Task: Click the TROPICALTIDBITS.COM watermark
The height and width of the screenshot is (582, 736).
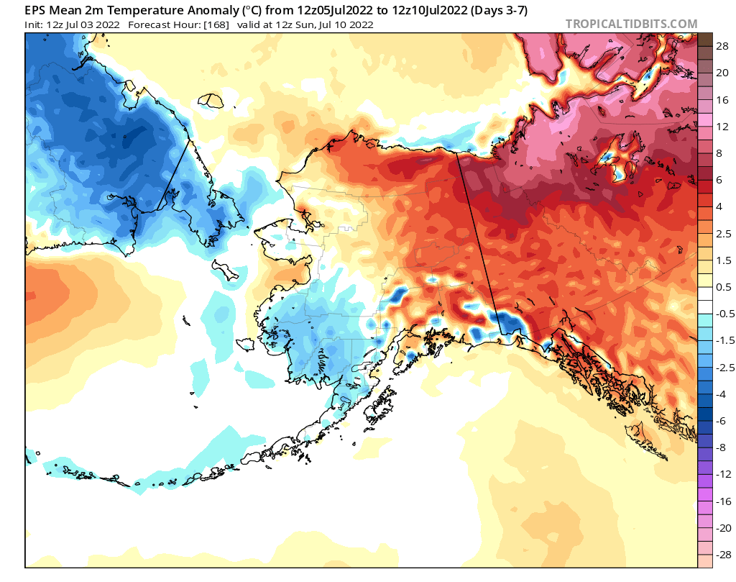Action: point(631,24)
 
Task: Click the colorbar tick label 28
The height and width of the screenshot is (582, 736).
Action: point(722,46)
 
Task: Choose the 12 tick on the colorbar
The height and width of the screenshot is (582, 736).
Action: point(722,127)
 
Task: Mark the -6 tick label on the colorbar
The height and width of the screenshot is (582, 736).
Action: point(721,421)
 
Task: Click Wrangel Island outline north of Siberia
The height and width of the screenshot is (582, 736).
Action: point(211,100)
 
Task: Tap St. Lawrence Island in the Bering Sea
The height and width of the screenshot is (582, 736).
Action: point(224,271)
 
